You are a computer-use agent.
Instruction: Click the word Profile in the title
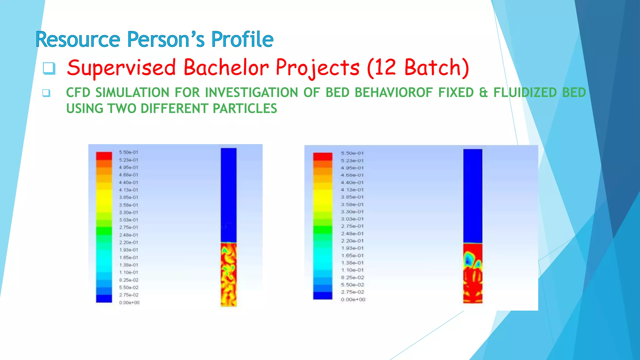242,40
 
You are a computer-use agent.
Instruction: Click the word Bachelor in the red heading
226,67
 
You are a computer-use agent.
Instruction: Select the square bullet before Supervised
49,68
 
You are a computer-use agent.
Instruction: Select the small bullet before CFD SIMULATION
46,93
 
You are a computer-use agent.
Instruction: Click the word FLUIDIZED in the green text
525,92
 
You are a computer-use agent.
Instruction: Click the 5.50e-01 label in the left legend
128,152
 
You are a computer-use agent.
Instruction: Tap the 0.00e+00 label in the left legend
129,302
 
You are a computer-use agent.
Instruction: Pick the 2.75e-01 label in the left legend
128,227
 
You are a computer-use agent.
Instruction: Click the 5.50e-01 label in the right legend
352,153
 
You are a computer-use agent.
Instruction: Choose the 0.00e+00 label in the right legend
353,299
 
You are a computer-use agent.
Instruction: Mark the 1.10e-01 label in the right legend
352,270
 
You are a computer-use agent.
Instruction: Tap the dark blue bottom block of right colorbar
322,296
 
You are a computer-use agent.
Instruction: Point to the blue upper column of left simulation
228,194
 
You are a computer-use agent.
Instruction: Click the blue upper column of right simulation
472,195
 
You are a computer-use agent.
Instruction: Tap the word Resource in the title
78,40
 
